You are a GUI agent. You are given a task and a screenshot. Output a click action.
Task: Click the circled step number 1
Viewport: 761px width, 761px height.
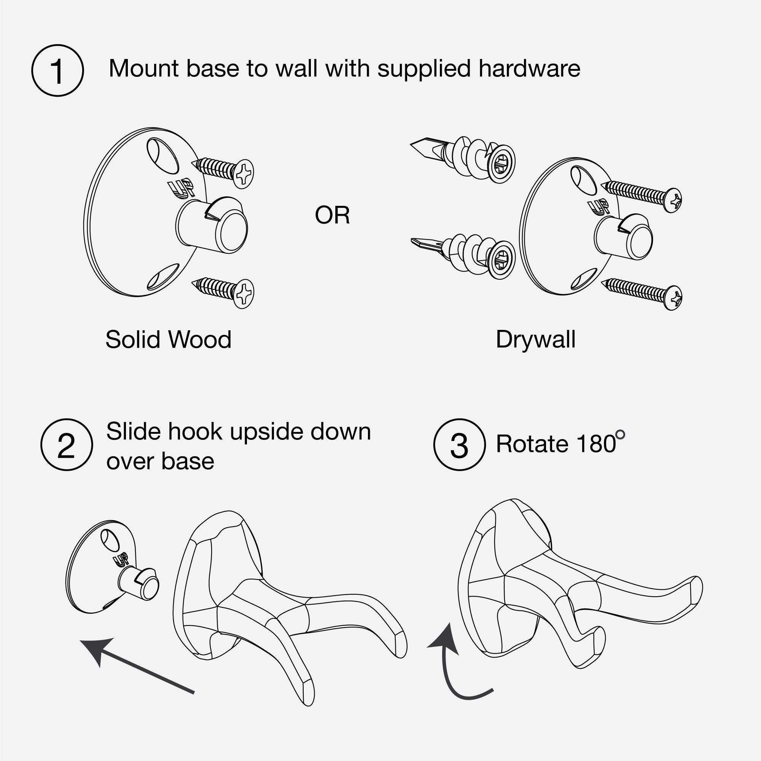coord(57,70)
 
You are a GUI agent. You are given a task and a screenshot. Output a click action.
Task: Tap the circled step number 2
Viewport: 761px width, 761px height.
coord(67,445)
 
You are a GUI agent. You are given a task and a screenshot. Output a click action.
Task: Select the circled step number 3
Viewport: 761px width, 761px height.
coord(459,445)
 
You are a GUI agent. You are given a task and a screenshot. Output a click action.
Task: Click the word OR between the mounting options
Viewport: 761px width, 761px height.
coord(332,215)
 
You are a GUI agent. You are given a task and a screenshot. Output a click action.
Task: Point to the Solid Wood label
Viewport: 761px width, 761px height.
coord(169,339)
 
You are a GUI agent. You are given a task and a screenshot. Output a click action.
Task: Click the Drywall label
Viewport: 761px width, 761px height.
coord(536,339)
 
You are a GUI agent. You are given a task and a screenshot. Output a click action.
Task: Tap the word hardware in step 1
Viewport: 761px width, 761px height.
coord(529,68)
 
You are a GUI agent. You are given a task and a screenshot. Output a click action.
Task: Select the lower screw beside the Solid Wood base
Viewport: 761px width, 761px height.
coord(223,291)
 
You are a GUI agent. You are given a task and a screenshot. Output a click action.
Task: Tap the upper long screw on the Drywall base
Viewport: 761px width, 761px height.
coord(642,195)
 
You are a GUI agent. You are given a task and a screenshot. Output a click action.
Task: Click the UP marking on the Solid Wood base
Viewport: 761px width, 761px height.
coord(181,188)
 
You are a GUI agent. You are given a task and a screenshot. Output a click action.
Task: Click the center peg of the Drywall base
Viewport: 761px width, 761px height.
coord(623,237)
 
